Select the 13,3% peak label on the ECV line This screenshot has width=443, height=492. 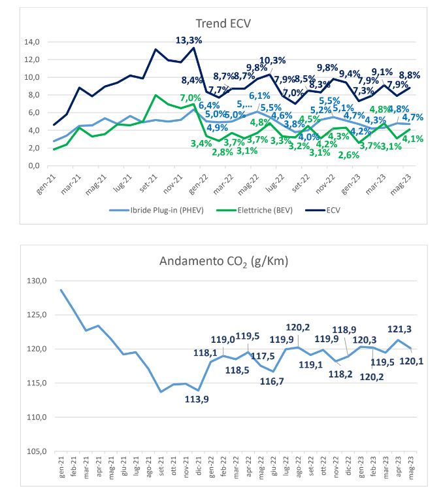click(x=189, y=41)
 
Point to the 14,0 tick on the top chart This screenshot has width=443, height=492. click(x=31, y=42)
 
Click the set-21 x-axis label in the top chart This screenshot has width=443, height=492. click(x=151, y=179)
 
